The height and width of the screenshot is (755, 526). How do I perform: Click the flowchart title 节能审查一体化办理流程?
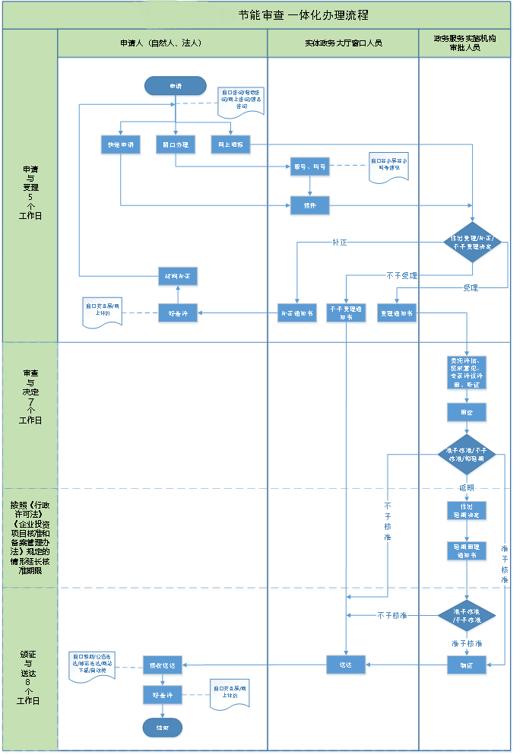303,15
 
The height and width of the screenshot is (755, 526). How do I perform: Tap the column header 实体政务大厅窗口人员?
343,43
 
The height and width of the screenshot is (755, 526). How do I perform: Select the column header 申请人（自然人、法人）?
162,43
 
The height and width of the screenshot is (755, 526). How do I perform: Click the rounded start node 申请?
176,86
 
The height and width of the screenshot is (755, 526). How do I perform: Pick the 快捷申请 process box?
121,144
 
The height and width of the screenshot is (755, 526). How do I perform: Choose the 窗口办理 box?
176,144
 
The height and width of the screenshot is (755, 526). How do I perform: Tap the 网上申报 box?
230,144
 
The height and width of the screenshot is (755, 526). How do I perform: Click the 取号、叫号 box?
310,167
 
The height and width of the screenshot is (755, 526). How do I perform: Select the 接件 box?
310,205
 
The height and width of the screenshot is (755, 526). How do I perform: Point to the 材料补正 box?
178,275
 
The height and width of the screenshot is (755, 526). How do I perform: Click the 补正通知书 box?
296,312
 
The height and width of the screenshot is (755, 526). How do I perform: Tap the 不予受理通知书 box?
347,312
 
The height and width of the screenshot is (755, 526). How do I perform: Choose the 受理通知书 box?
397,312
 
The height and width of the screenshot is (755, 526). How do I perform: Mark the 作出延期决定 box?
466,509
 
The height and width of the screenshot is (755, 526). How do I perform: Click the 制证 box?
466,665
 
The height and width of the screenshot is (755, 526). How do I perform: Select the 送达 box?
347,665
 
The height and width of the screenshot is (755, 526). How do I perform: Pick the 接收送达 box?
163,665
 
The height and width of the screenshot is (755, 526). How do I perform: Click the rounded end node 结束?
163,728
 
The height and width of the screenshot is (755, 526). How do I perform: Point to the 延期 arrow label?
466,488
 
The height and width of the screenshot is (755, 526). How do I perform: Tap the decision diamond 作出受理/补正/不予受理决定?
473,243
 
